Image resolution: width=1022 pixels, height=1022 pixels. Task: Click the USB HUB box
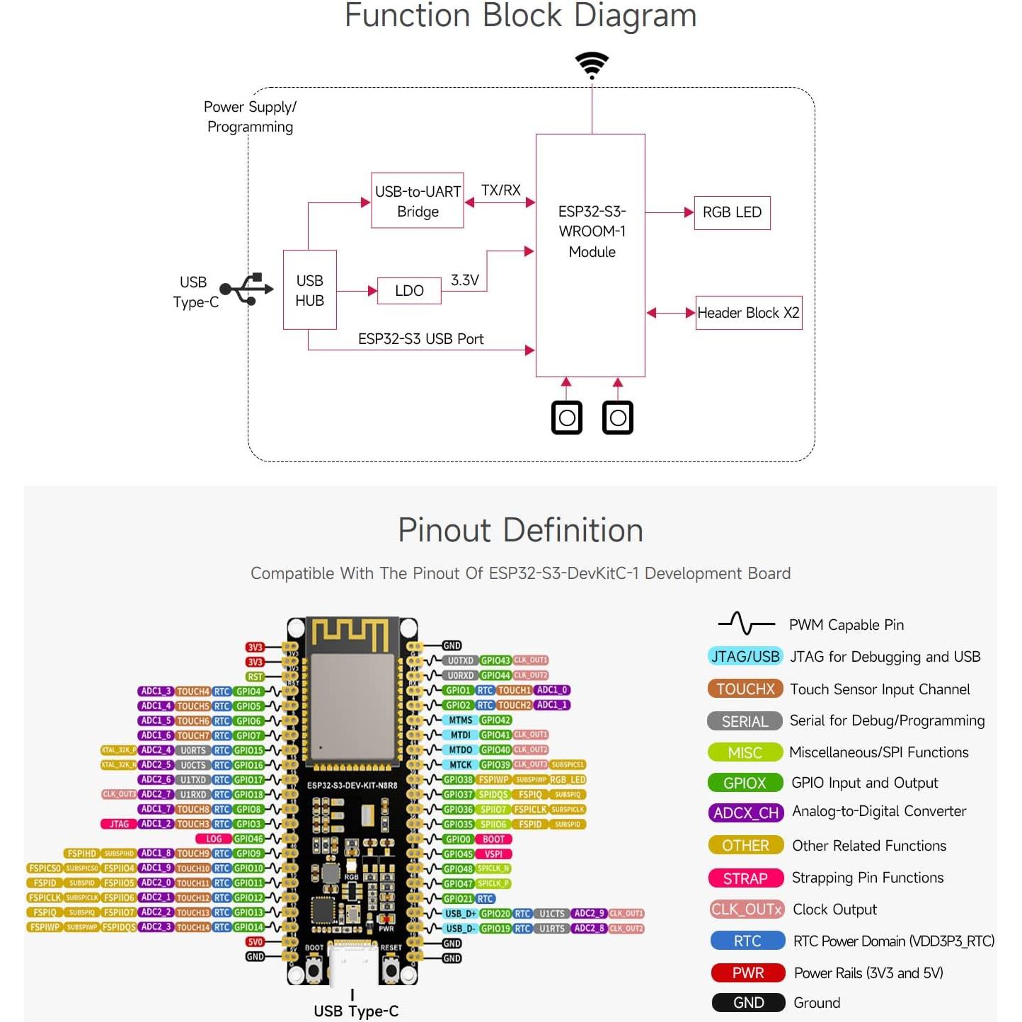[309, 290]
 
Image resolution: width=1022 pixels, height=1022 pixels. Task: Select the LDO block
[409, 291]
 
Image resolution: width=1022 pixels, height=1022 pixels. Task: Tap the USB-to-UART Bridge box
[418, 201]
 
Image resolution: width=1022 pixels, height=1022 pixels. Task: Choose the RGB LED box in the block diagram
[732, 212]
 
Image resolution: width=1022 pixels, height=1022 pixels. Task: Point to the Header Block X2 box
[748, 313]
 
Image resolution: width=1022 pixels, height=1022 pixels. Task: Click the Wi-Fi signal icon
[592, 64]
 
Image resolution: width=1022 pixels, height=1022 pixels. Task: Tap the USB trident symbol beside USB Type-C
[246, 289]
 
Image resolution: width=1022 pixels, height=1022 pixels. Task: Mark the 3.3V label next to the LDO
[464, 280]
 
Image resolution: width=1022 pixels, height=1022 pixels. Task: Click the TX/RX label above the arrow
[500, 190]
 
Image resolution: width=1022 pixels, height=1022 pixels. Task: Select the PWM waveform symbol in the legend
[746, 624]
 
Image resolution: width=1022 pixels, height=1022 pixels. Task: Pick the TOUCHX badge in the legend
[745, 689]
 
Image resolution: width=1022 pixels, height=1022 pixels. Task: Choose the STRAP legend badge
[745, 878]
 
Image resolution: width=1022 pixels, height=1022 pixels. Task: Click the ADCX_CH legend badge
[745, 813]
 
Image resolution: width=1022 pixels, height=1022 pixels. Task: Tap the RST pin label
[255, 677]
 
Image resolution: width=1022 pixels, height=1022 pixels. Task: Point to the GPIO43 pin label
[495, 660]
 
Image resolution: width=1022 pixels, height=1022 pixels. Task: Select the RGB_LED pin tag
[568, 779]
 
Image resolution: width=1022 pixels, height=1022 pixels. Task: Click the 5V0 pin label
[255, 942]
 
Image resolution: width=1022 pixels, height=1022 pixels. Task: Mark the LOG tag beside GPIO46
[214, 839]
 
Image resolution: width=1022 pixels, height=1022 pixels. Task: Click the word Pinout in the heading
[444, 530]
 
